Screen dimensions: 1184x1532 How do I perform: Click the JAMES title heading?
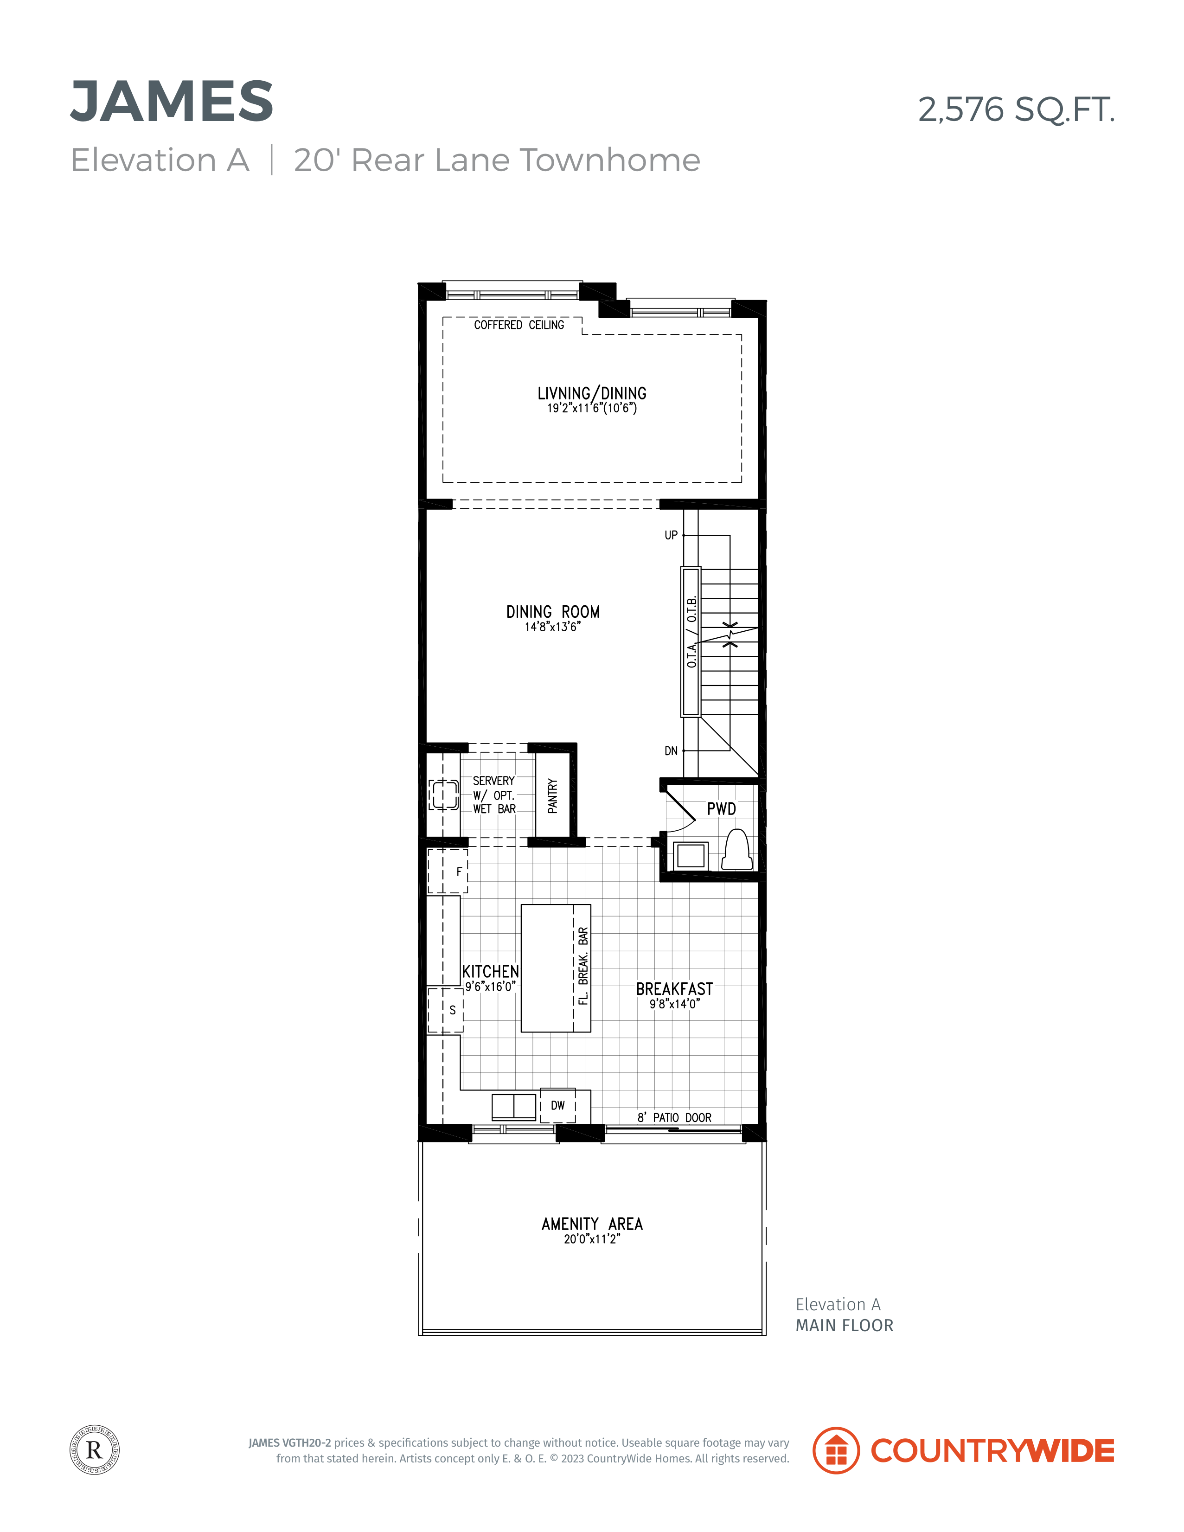pos(172,102)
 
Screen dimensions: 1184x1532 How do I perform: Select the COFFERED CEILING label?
pos(519,325)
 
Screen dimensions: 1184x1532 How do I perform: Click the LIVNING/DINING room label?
pos(592,393)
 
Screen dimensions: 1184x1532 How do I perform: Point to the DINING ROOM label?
pos(553,612)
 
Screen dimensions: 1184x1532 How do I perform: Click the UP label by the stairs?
pos(671,535)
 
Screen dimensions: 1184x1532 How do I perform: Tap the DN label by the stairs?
pos(671,751)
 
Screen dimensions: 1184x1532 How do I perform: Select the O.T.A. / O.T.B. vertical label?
pos(691,632)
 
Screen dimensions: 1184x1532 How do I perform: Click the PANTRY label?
pos(553,796)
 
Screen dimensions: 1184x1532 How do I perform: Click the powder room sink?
pos(690,856)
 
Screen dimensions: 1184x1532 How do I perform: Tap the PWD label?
pos(722,809)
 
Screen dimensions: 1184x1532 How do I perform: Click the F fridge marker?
pos(460,872)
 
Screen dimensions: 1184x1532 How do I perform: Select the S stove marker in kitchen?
pos(453,1010)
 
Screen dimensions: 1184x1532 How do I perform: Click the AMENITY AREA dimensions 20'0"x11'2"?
pos(592,1239)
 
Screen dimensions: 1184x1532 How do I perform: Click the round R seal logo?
pos(95,1450)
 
